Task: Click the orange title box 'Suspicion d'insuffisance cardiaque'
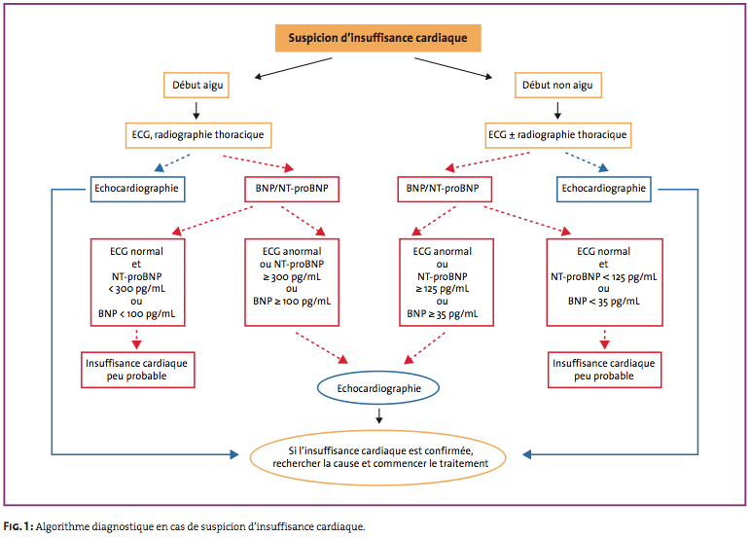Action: pos(377,38)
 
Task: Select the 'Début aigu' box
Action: pos(196,85)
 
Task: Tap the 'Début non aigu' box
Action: pos(558,85)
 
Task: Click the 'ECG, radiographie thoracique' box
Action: pos(198,135)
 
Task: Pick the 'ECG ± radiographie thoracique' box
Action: pos(558,135)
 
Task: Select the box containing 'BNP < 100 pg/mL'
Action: pos(138,283)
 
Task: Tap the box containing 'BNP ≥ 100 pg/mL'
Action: pos(292,283)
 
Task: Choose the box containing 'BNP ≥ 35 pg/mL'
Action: pos(446,283)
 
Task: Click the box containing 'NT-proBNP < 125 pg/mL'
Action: pos(605,283)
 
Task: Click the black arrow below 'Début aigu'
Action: pos(196,110)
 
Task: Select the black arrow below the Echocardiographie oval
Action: pos(378,416)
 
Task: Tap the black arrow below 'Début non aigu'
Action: pos(557,110)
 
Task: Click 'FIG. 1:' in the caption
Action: pos(18,526)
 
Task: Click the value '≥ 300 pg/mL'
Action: pos(292,276)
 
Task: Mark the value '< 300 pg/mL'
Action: pos(137,289)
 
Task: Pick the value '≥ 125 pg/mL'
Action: pos(443,289)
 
